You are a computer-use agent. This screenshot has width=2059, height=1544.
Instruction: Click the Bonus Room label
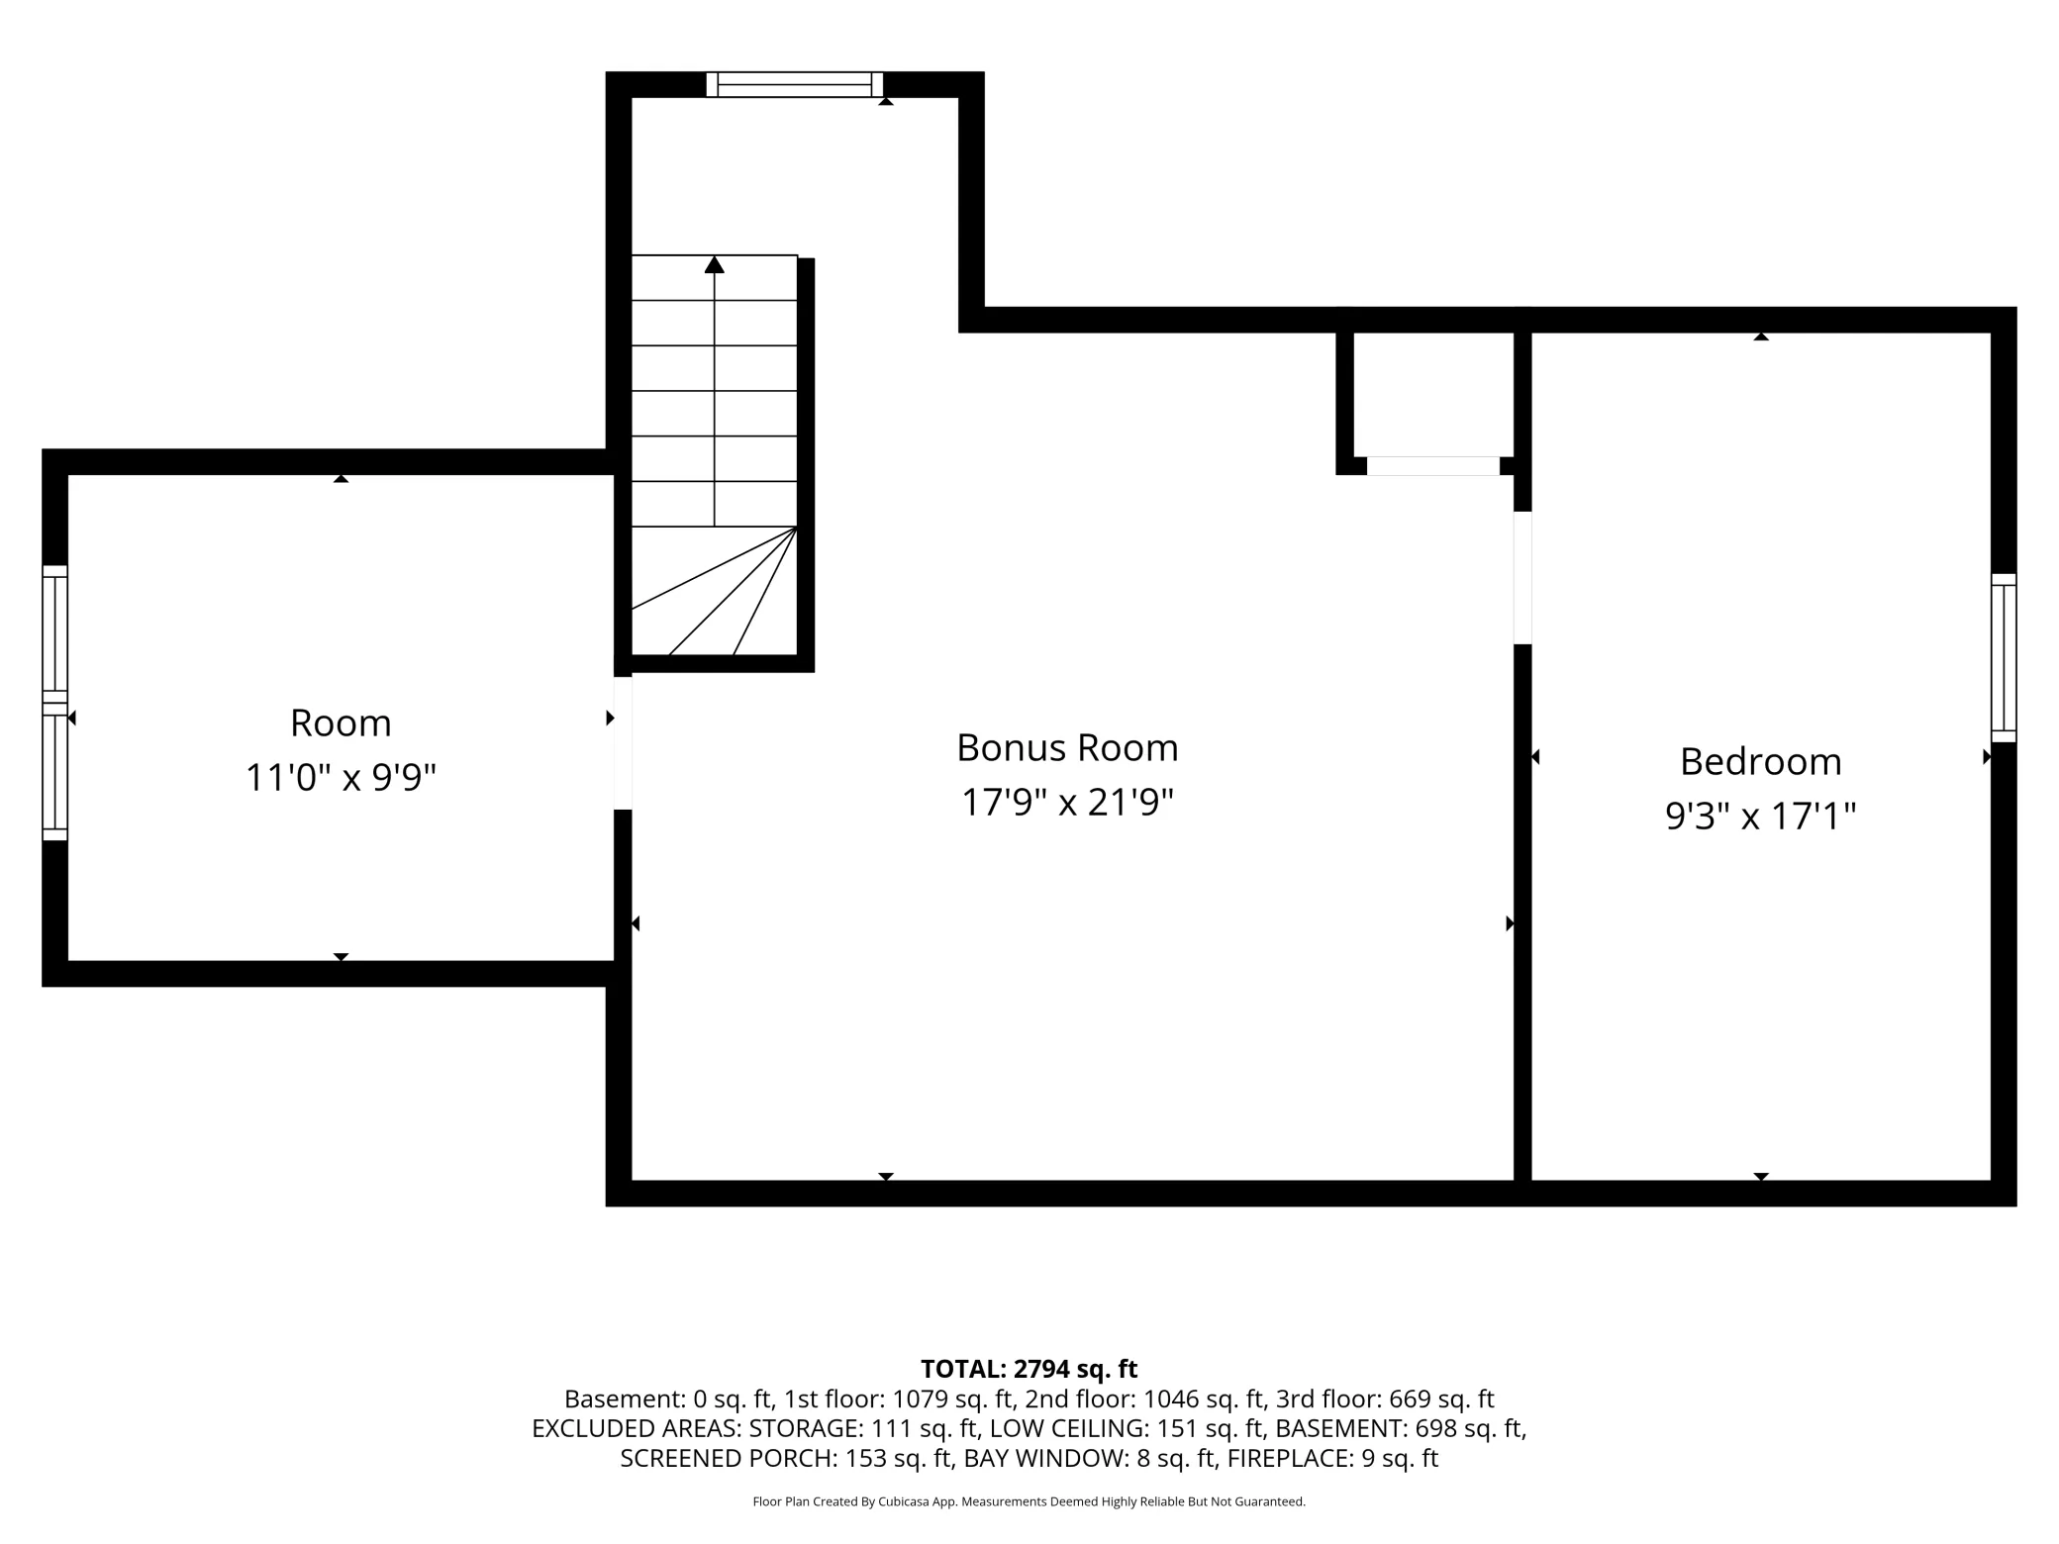point(1067,748)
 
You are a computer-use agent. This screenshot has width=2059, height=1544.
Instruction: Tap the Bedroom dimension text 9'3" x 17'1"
point(1760,817)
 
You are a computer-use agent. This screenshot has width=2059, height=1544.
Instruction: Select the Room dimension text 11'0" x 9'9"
point(341,778)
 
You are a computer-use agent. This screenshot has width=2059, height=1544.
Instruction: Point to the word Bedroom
point(1761,762)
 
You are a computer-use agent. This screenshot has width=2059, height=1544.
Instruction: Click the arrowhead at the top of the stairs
point(714,264)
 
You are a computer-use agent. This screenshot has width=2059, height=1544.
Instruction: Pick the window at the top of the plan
point(795,85)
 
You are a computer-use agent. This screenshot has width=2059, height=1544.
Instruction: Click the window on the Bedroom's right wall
point(2004,658)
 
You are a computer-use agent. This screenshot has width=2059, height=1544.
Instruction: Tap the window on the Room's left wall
point(55,703)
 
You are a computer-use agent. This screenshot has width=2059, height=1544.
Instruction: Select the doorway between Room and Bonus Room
point(623,743)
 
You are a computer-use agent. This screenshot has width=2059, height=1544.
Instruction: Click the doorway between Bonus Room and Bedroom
point(1522,578)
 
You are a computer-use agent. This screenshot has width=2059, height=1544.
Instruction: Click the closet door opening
point(1433,466)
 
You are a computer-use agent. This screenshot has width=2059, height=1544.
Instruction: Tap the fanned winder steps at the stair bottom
point(715,591)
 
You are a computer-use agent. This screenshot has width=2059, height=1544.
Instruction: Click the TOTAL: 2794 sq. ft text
point(1029,1369)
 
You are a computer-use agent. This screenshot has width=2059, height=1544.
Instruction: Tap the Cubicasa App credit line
point(1029,1501)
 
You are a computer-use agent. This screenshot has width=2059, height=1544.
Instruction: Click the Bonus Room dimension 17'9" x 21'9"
point(1067,803)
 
